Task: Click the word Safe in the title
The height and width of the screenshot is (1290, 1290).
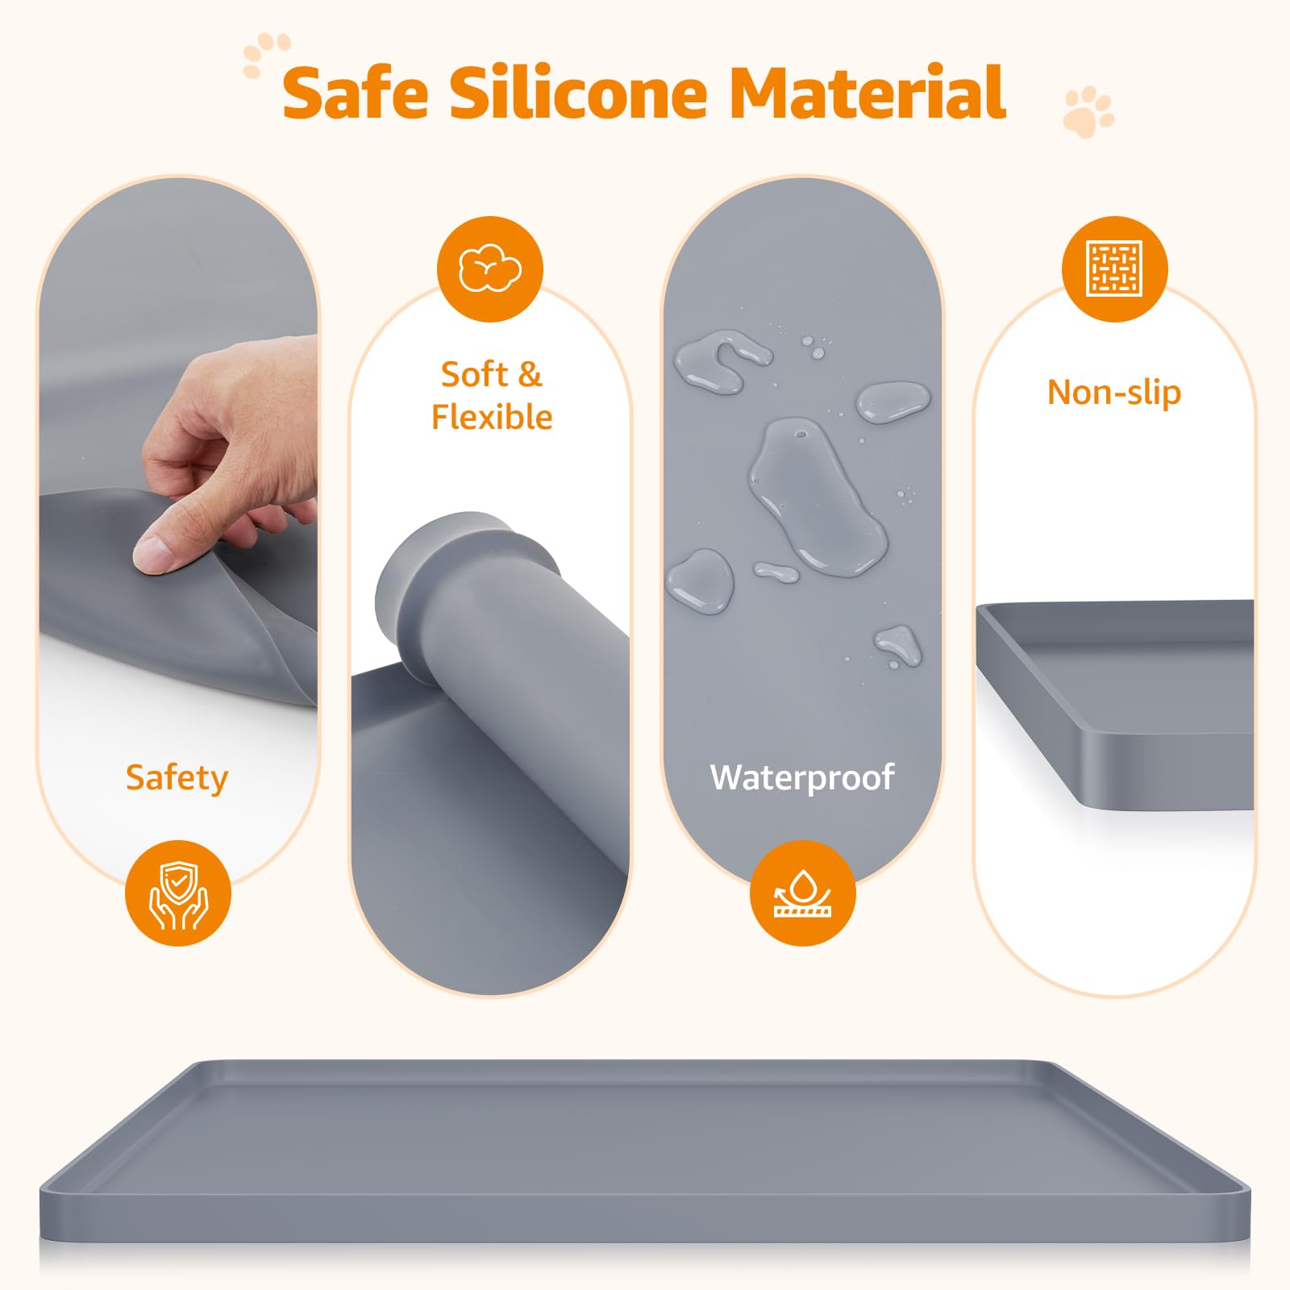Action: (356, 93)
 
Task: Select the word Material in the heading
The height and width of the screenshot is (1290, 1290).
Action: (867, 92)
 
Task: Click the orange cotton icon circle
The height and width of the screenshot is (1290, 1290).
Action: (490, 268)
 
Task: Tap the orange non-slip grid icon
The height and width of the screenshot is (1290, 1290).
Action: (1115, 268)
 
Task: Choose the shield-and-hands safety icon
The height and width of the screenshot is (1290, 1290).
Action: (178, 893)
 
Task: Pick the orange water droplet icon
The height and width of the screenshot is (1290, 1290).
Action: (803, 893)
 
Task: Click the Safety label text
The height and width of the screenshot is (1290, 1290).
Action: (177, 779)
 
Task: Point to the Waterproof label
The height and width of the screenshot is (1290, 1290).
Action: (802, 777)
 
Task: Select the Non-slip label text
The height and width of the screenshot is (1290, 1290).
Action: (1114, 393)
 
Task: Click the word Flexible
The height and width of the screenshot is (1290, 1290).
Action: (492, 418)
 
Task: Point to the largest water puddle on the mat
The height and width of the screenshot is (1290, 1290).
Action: (816, 495)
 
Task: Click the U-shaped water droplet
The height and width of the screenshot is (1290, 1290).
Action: (722, 360)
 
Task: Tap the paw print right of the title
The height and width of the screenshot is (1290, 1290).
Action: (1088, 112)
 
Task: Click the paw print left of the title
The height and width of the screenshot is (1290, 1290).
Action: (265, 53)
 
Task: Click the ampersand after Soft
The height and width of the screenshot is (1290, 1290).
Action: (530, 375)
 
